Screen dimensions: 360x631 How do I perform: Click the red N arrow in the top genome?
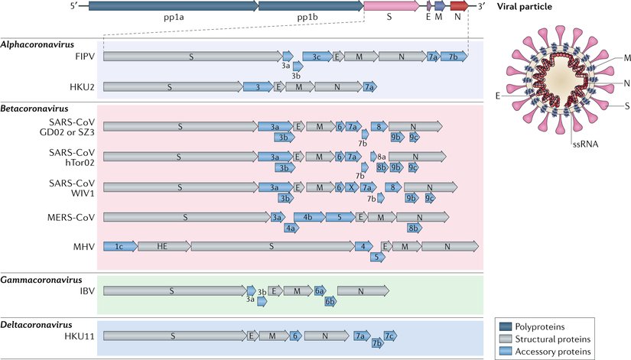[459, 6]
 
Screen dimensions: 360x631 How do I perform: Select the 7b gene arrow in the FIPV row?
[454, 57]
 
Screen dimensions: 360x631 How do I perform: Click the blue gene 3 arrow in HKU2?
[258, 87]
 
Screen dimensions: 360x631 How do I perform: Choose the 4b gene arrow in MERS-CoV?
[307, 217]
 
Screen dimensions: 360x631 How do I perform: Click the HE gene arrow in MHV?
[164, 246]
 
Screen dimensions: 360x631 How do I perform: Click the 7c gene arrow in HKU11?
[390, 336]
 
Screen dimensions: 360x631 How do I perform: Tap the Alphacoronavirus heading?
[35, 44]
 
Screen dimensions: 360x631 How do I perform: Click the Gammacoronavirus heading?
[37, 281]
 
